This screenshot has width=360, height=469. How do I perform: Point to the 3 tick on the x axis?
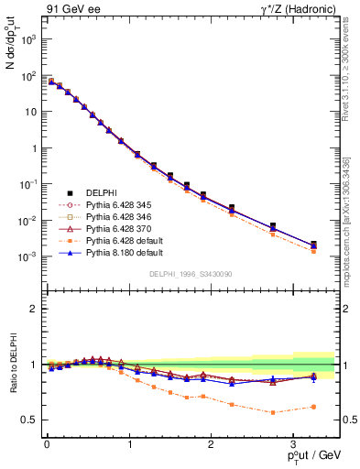pos(292,444)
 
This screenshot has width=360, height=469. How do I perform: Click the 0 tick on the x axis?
pos(46,444)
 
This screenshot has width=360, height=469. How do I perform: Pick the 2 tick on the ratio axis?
pos(34,309)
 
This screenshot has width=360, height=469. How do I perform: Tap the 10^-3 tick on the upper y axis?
pos(28,257)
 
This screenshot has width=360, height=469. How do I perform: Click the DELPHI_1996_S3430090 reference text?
pos(189,274)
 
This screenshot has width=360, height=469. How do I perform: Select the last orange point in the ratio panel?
pos(313,407)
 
